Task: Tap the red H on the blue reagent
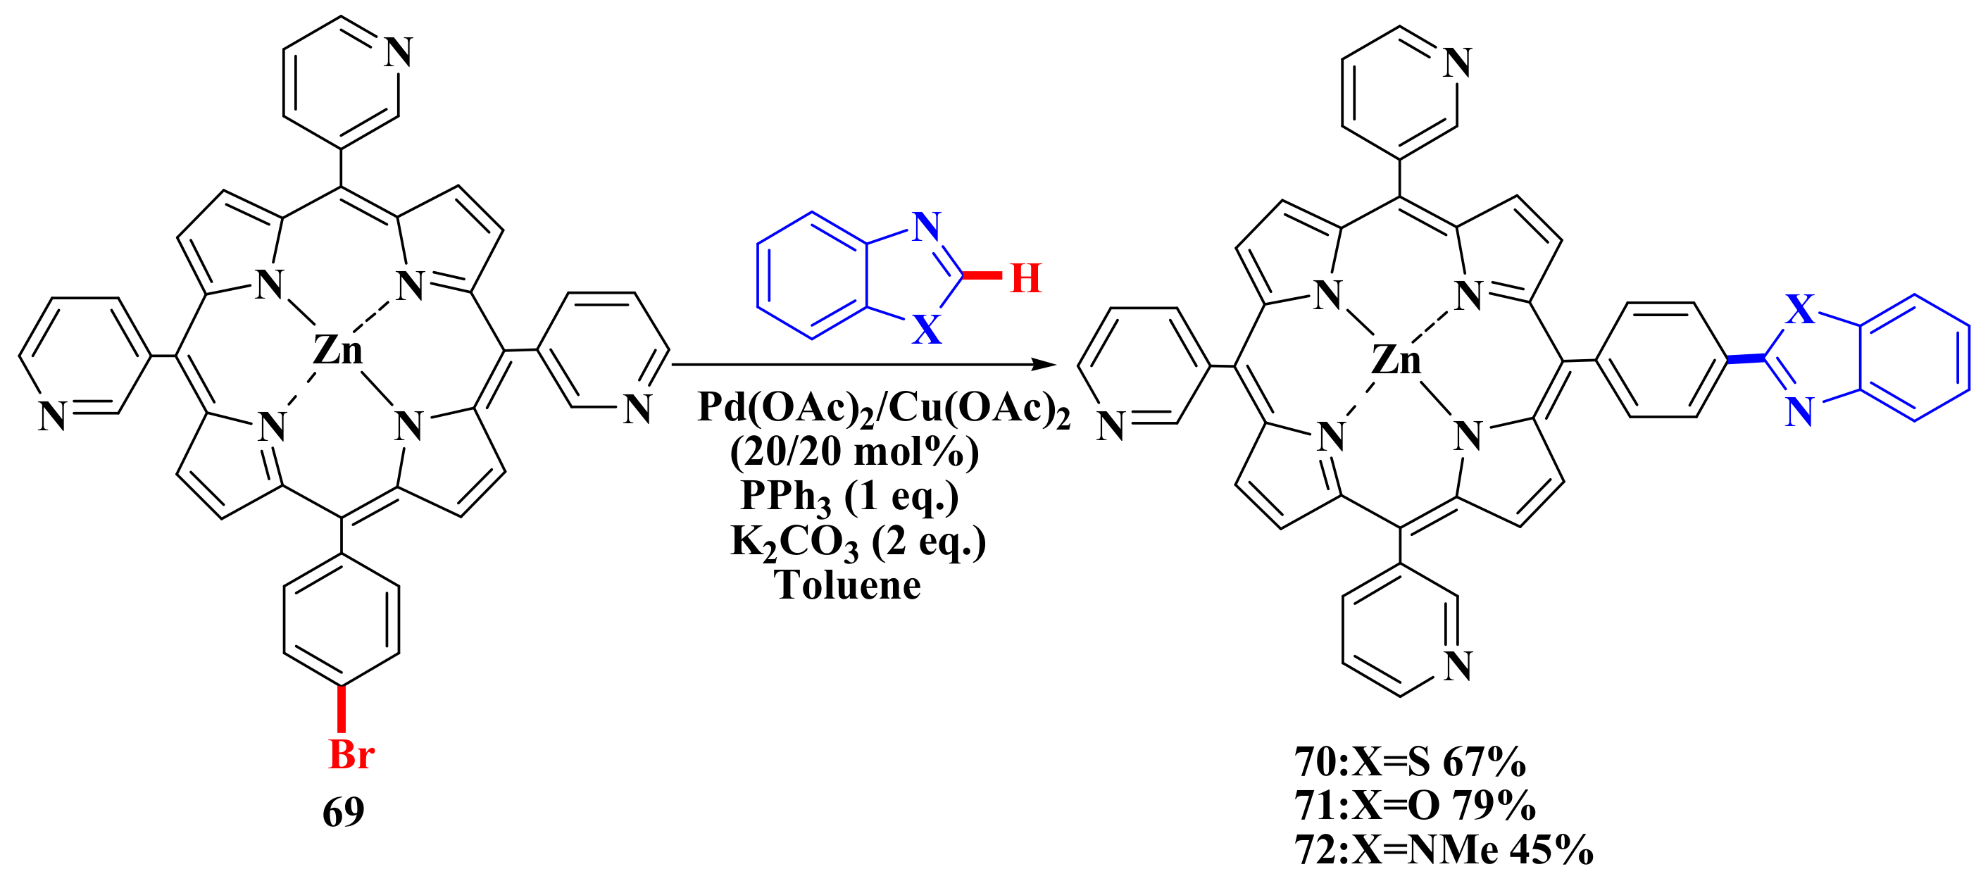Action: pyautogui.click(x=1025, y=278)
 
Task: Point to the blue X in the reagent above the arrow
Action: pyautogui.click(x=926, y=330)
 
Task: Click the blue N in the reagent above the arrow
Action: pyautogui.click(x=927, y=226)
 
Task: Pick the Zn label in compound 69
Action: pyautogui.click(x=337, y=350)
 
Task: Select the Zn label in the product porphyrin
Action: pyautogui.click(x=1396, y=361)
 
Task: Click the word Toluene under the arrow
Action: pyautogui.click(x=847, y=585)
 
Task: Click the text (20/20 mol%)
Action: pyautogui.click(x=854, y=452)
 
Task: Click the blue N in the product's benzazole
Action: pyautogui.click(x=1800, y=412)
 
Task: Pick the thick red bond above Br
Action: pyautogui.click(x=341, y=708)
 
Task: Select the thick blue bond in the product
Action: pyautogui.click(x=1746, y=358)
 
